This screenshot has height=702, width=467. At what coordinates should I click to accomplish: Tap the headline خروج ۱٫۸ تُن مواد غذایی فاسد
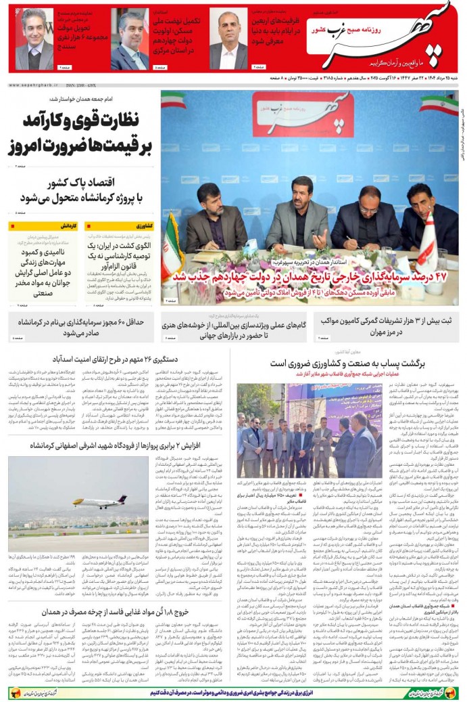[x=114, y=611]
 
